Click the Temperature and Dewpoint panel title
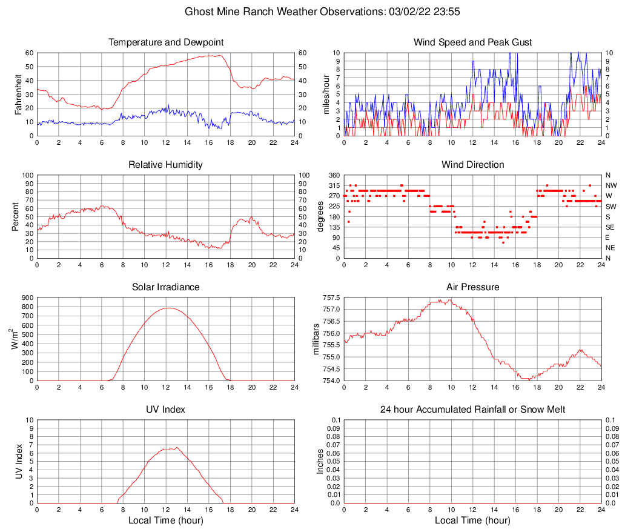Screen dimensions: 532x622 pos(166,42)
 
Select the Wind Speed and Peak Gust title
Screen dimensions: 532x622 pos(473,42)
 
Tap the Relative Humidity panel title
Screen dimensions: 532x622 pos(166,165)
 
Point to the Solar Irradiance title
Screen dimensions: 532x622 pos(166,287)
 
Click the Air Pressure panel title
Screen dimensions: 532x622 pos(473,287)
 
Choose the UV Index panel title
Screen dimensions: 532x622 pos(166,410)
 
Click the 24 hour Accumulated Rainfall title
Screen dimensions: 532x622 pos(473,410)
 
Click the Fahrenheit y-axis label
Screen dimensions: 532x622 pos(19,94)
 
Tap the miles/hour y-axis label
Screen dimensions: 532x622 pos(326,94)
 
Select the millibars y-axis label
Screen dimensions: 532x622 pos(315,339)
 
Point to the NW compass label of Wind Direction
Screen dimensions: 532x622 pos(611,185)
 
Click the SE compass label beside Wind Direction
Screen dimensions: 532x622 pos(610,227)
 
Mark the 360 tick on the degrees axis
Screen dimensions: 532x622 pos(333,175)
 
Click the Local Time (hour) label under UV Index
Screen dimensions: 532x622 pos(166,520)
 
